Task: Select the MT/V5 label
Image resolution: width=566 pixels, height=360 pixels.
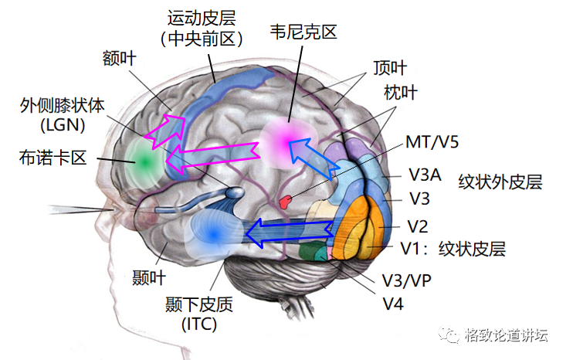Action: [x=432, y=143]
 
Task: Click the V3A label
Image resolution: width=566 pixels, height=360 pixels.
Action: [x=425, y=175]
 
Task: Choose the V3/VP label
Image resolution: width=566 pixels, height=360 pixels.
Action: [x=406, y=280]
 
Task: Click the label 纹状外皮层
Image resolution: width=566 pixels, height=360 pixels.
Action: [x=500, y=183]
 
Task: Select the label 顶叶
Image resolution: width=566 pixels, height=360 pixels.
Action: [x=389, y=67]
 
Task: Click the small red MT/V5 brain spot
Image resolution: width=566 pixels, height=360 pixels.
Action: [x=286, y=202]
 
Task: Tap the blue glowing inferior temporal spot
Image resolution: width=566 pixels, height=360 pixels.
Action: [x=212, y=230]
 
